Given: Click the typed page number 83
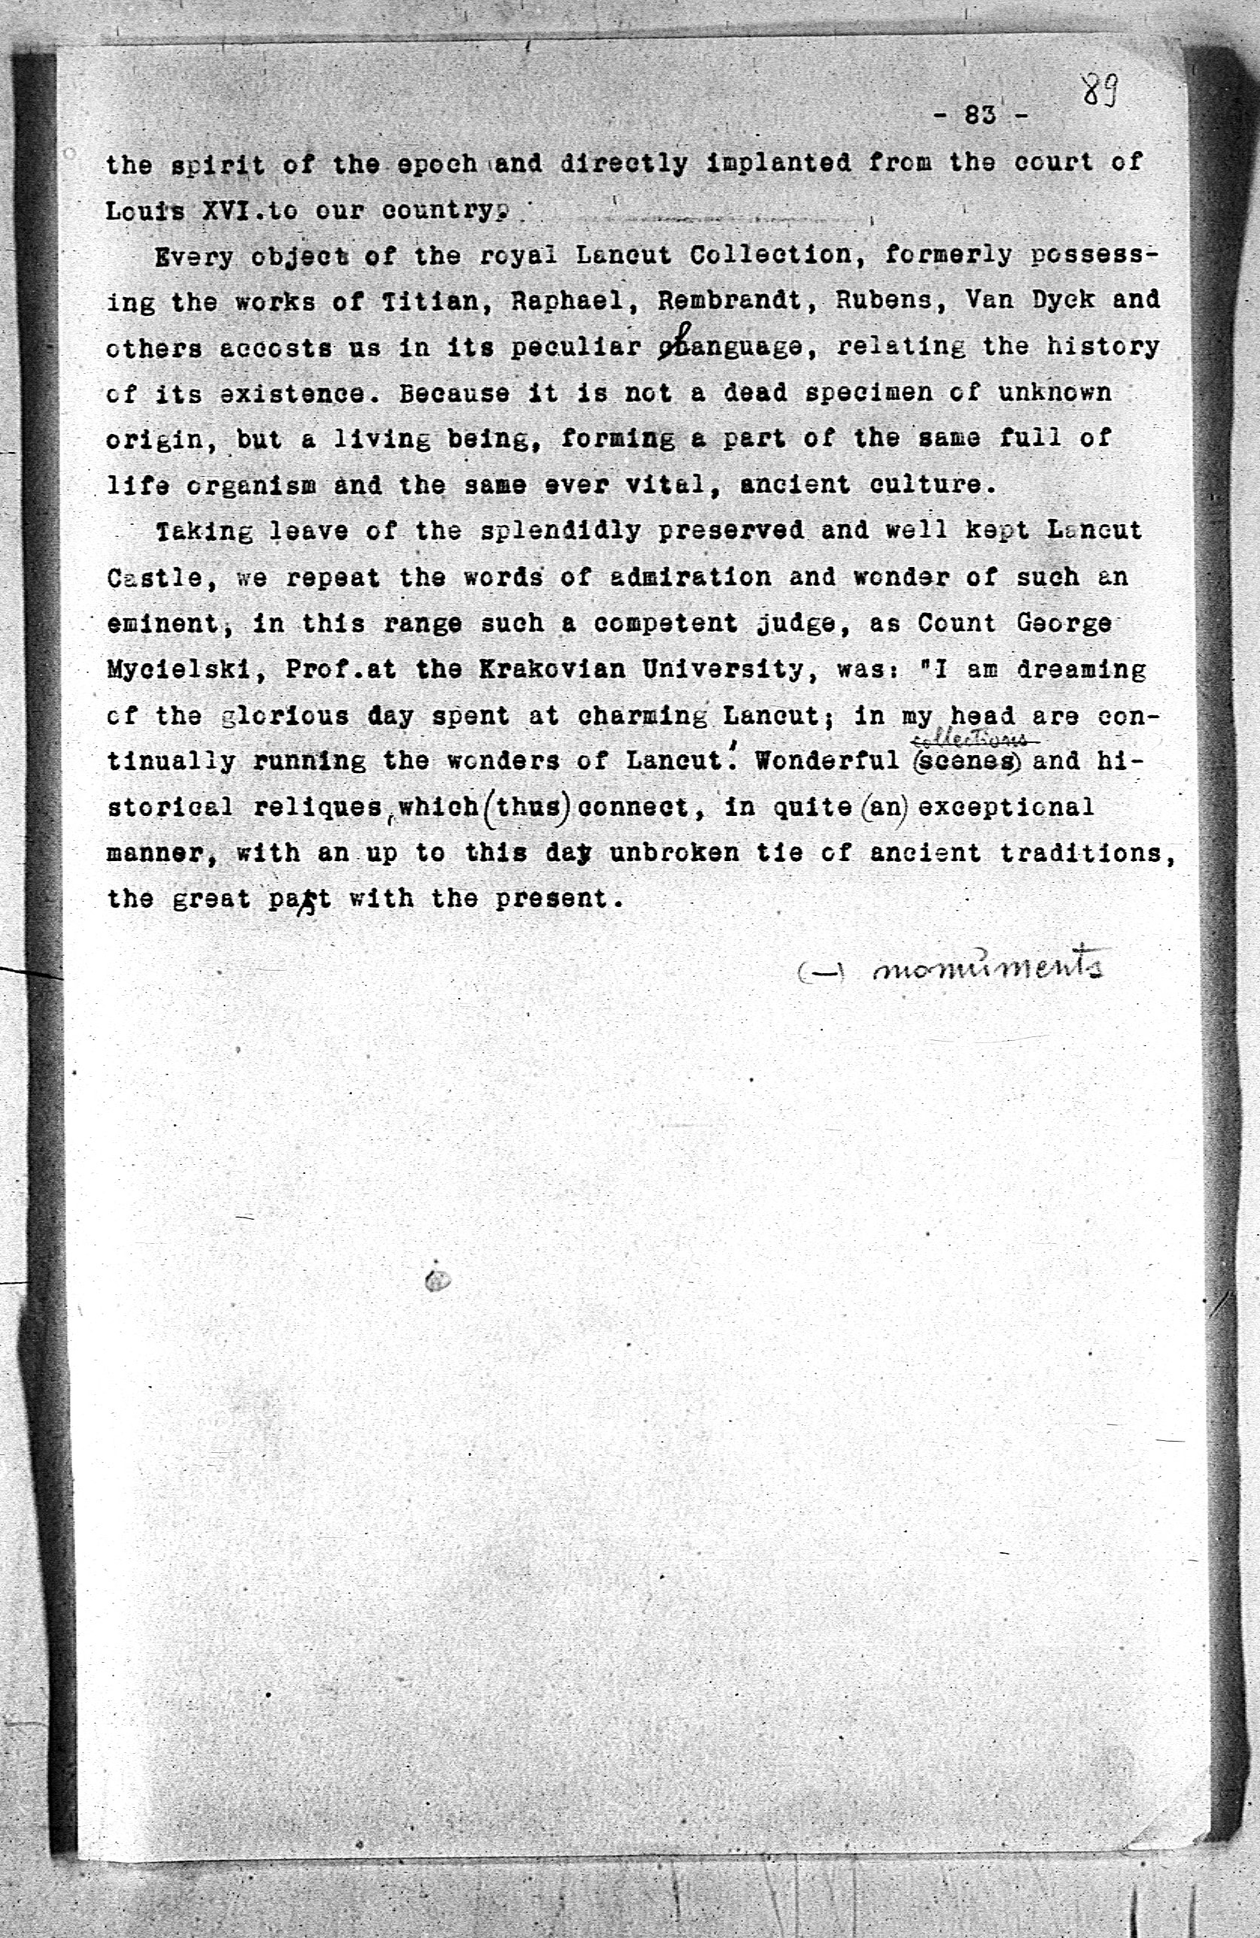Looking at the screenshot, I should (x=981, y=115).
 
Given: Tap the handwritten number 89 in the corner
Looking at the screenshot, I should (x=1100, y=90).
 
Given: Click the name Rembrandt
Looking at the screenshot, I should (x=730, y=301).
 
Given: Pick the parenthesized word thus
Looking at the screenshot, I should (x=526, y=808).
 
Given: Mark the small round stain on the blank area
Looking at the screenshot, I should (x=436, y=1281).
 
